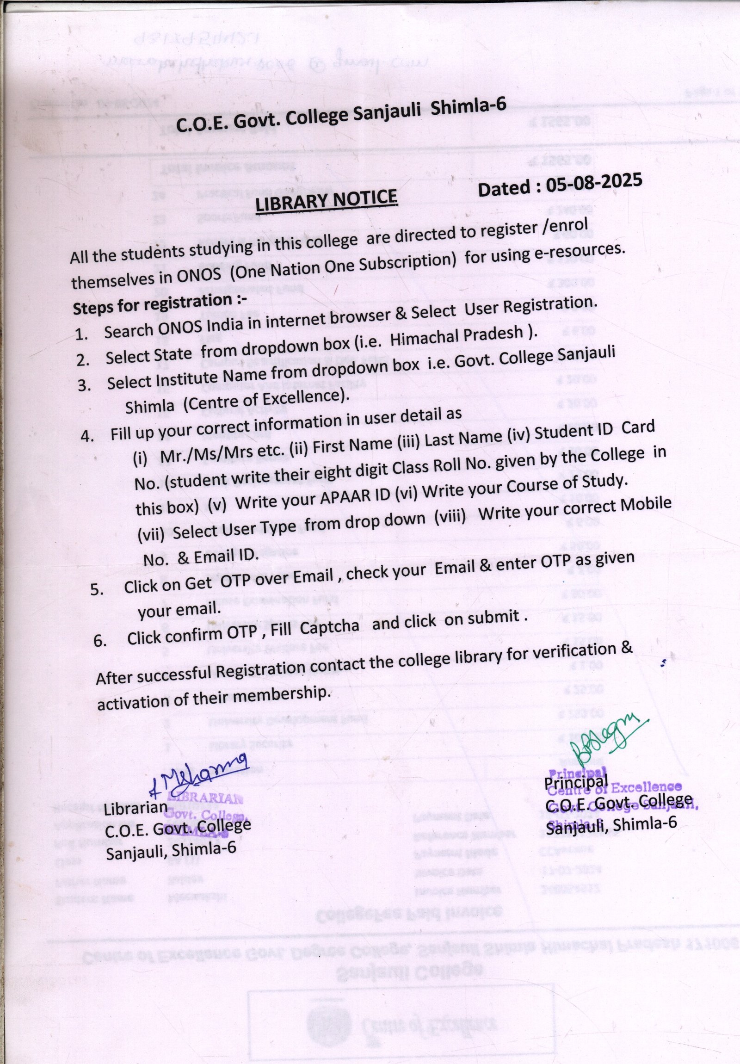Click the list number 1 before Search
click(81, 335)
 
